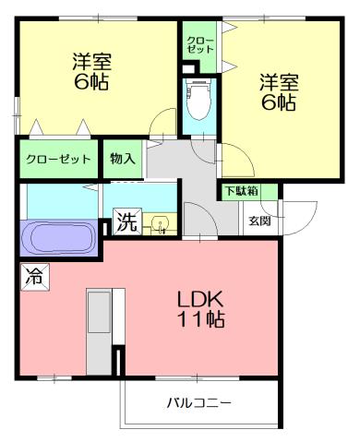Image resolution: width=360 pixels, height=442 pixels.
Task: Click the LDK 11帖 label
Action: tap(202, 309)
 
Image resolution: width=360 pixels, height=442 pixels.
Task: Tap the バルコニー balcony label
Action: tap(198, 403)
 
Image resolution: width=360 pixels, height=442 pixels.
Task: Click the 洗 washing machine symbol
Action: tap(126, 222)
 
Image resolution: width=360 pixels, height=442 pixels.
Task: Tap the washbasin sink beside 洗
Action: tap(159, 223)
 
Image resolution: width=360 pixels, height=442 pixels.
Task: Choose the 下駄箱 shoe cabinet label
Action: tap(239, 191)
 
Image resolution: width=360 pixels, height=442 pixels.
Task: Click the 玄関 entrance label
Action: tap(259, 221)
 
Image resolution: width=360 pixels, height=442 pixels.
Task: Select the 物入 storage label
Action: tap(124, 159)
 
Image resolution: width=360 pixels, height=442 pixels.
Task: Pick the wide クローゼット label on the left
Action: tap(57, 159)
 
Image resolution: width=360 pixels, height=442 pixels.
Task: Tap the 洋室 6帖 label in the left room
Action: tap(93, 70)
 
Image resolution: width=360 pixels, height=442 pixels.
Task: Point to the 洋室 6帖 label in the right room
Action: tap(277, 92)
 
